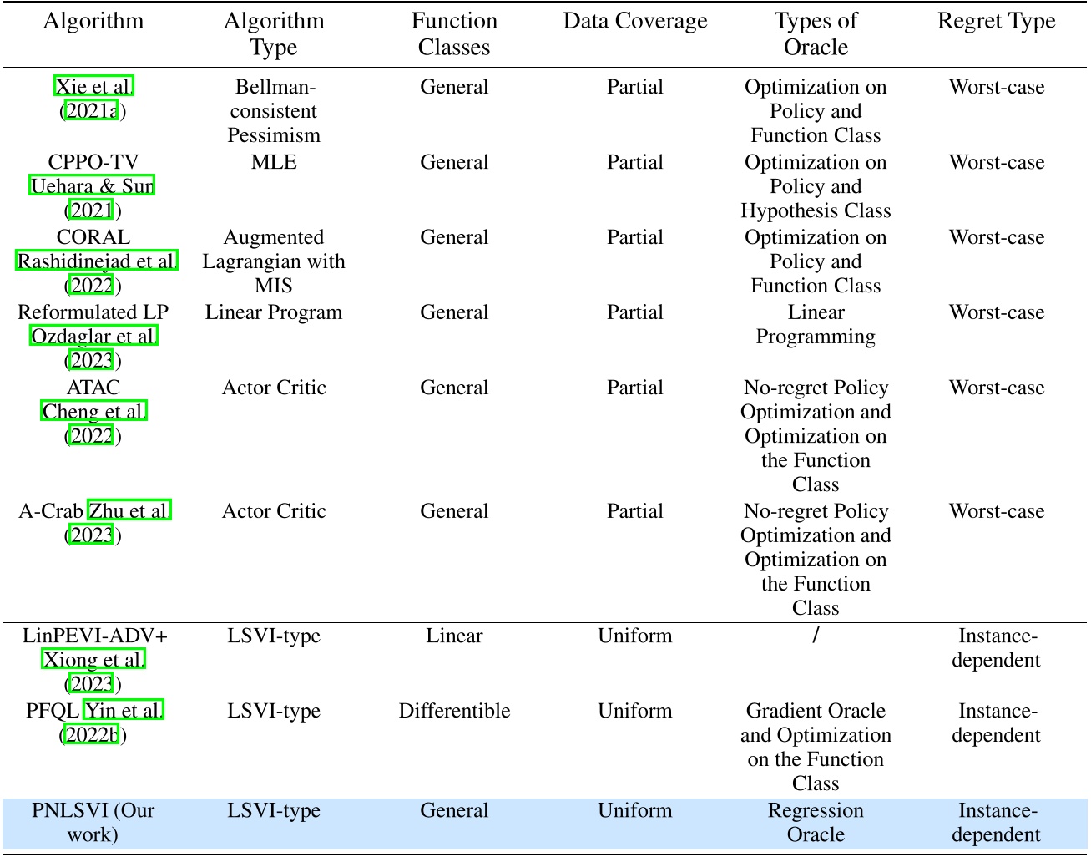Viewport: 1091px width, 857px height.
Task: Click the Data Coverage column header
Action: tap(634, 22)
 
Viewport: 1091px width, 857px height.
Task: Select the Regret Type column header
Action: tap(996, 22)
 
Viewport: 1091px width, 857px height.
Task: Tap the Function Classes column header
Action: tap(454, 33)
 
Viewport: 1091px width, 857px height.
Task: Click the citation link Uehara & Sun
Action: tap(93, 186)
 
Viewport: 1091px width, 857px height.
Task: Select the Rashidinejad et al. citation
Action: tap(97, 261)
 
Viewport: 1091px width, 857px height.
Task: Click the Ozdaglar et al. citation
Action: tap(93, 337)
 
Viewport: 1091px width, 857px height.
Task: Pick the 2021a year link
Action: tap(92, 111)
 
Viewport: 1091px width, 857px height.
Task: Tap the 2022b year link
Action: tap(93, 735)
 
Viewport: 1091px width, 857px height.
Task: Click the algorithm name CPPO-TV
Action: tap(93, 162)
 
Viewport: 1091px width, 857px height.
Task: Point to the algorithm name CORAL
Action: tap(93, 237)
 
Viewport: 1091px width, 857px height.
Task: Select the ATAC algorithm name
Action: tap(93, 388)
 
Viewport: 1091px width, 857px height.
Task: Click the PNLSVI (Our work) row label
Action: tap(93, 822)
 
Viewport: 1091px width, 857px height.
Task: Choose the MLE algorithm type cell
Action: tap(274, 162)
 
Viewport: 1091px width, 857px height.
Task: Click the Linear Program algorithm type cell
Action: tap(274, 312)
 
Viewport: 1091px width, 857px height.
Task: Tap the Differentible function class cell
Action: tap(454, 711)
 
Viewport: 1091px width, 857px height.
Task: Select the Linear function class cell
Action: tap(454, 636)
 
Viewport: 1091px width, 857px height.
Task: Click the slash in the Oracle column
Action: tap(816, 636)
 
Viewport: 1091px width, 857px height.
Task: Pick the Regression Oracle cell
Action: tap(816, 822)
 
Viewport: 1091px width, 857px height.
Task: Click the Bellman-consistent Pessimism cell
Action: tap(274, 111)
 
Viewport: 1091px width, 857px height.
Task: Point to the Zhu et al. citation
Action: tap(130, 511)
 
